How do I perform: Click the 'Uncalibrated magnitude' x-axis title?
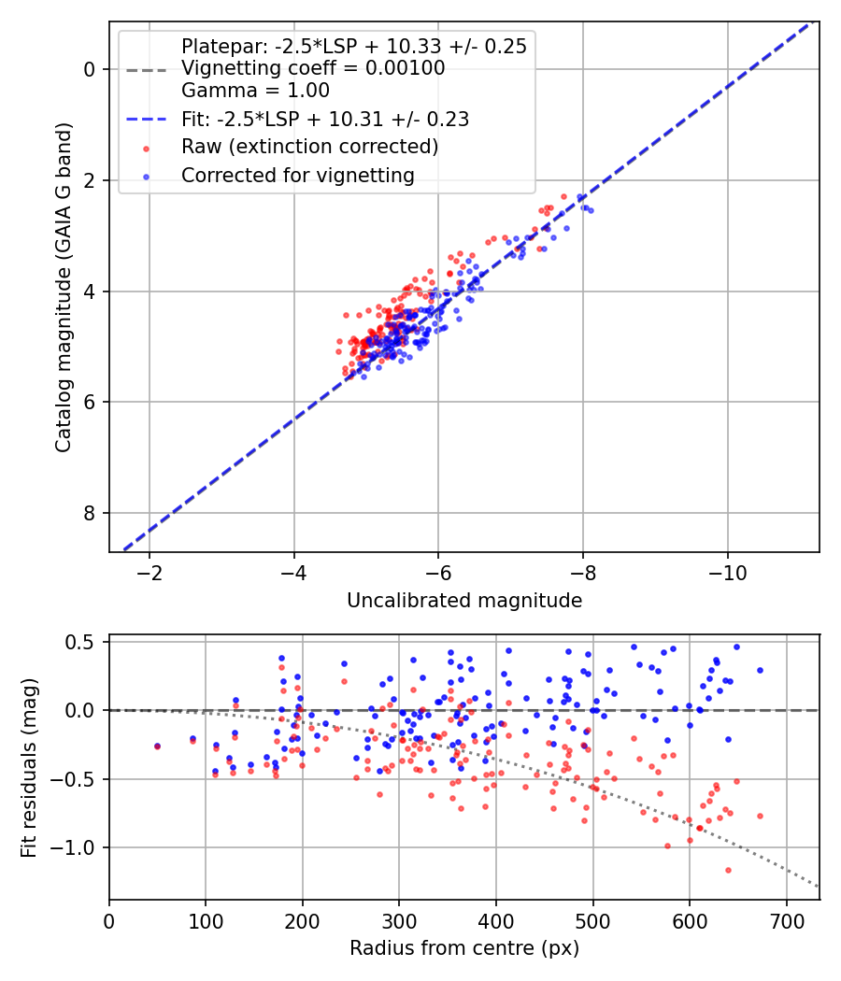pyautogui.click(x=464, y=601)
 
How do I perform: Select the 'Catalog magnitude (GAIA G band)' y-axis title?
pyautogui.click(x=64, y=288)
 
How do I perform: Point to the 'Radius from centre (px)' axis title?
pyautogui.click(x=464, y=948)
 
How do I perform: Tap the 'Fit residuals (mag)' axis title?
pyautogui.click(x=29, y=768)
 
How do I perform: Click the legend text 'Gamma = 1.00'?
pyautogui.click(x=255, y=91)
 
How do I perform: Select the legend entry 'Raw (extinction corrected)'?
pyautogui.click(x=309, y=147)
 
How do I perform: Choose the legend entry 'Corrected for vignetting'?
pyautogui.click(x=298, y=176)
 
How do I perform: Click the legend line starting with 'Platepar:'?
pyautogui.click(x=354, y=47)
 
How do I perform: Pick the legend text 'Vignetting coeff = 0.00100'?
pyautogui.click(x=313, y=68)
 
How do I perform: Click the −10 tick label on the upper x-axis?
pyautogui.click(x=728, y=573)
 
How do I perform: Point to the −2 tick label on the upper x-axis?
pyautogui.click(x=150, y=573)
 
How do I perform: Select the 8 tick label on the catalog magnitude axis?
pyautogui.click(x=90, y=513)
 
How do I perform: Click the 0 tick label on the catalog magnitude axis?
pyautogui.click(x=90, y=69)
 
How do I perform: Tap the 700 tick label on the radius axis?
pyautogui.click(x=787, y=921)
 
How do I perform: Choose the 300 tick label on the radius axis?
pyautogui.click(x=399, y=921)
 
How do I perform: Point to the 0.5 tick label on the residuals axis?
pyautogui.click(x=80, y=643)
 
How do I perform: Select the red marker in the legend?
pyautogui.click(x=147, y=149)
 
